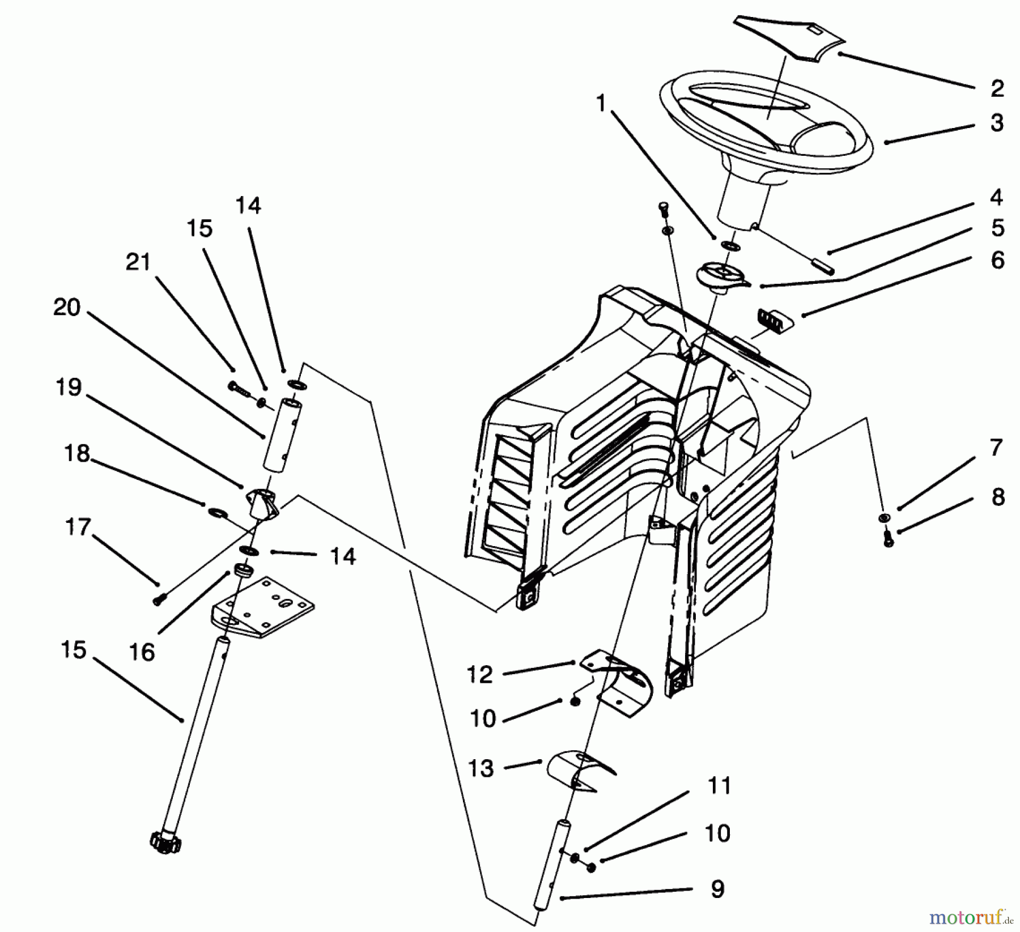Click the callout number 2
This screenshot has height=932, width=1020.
997,88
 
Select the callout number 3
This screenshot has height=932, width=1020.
997,122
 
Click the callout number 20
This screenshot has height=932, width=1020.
67,307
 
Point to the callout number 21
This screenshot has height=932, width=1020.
138,262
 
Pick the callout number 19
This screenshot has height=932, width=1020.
69,388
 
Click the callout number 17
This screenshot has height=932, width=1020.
78,527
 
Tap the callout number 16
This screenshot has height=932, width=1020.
142,652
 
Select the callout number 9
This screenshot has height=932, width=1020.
717,889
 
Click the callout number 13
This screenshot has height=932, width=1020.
481,768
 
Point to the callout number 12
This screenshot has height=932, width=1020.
481,674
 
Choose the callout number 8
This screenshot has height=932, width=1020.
997,496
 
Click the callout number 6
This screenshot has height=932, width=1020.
997,260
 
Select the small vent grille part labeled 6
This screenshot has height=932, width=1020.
773,321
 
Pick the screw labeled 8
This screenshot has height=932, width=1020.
889,541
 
